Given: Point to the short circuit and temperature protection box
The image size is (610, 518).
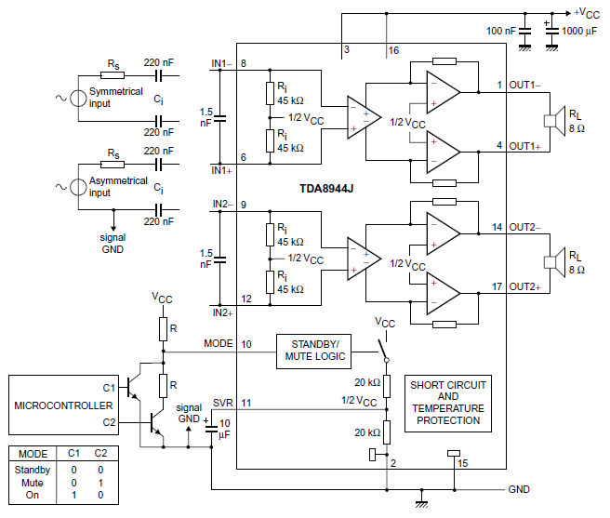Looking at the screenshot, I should [x=447, y=402].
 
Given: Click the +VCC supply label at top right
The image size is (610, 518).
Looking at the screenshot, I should [x=586, y=12].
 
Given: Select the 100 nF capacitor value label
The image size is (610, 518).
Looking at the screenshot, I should [x=501, y=31].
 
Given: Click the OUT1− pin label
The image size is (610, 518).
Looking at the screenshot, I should [x=524, y=85].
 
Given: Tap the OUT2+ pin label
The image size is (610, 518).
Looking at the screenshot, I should [x=524, y=287].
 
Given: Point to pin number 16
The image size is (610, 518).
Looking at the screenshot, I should [x=393, y=48].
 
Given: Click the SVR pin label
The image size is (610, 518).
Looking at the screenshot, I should [x=222, y=403].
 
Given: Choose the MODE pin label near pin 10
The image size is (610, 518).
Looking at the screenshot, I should [x=219, y=344].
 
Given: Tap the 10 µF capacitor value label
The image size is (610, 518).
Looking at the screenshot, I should [x=225, y=429].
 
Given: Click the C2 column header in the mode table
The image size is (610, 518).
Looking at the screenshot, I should [x=100, y=454].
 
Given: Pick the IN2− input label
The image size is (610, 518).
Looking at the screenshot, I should [x=221, y=204].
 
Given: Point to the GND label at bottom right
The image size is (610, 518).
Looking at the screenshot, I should [x=519, y=489].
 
